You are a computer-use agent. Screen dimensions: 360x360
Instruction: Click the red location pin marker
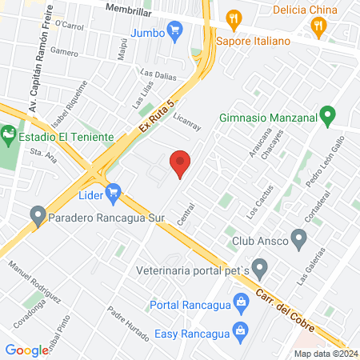point(181,163)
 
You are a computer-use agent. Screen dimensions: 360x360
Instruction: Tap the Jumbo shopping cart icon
point(178,33)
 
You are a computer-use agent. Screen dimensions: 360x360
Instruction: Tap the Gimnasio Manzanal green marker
point(326,117)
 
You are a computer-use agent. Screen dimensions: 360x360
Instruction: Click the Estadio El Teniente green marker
point(9,134)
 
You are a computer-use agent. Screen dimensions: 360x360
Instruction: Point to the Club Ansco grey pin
point(299,238)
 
